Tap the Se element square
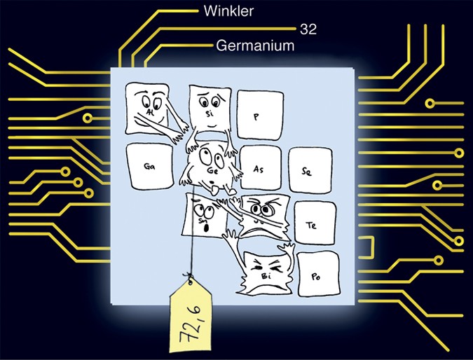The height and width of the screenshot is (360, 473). [x=306, y=169]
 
